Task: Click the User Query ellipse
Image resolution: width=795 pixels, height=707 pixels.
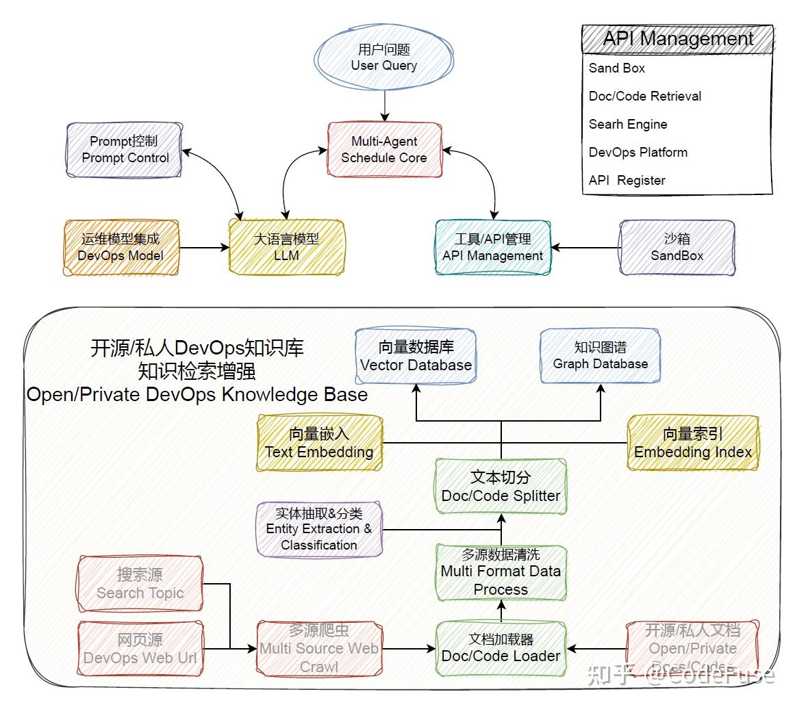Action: (x=384, y=58)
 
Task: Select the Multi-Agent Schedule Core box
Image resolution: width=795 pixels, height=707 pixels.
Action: (x=384, y=149)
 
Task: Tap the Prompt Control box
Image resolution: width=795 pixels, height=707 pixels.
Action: (x=125, y=149)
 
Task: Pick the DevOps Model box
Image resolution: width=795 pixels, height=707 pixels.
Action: (x=121, y=247)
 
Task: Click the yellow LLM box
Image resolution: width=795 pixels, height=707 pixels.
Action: (x=286, y=247)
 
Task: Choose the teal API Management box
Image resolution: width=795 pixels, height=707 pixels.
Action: (x=493, y=247)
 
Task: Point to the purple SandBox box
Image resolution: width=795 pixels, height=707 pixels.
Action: (x=677, y=247)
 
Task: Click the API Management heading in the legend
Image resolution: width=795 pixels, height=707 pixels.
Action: (x=677, y=39)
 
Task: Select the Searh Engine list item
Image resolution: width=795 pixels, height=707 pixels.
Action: (x=628, y=124)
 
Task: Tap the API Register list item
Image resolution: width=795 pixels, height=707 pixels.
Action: (x=627, y=180)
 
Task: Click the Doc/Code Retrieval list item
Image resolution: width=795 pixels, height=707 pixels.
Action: (x=645, y=96)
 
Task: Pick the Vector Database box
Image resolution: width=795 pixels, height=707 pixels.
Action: (x=416, y=356)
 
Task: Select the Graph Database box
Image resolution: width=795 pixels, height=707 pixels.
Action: (x=600, y=356)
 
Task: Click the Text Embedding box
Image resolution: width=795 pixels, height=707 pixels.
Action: (x=319, y=443)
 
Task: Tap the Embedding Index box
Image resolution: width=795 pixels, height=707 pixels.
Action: (x=693, y=443)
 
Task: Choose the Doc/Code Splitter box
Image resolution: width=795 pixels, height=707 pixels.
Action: (x=501, y=487)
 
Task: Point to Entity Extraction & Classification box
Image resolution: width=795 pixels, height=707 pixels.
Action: (x=319, y=529)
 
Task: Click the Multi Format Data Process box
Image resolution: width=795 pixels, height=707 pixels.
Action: (x=501, y=571)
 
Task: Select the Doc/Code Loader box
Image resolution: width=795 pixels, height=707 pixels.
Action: (x=501, y=647)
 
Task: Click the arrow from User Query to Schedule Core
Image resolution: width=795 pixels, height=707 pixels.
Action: (x=385, y=106)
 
